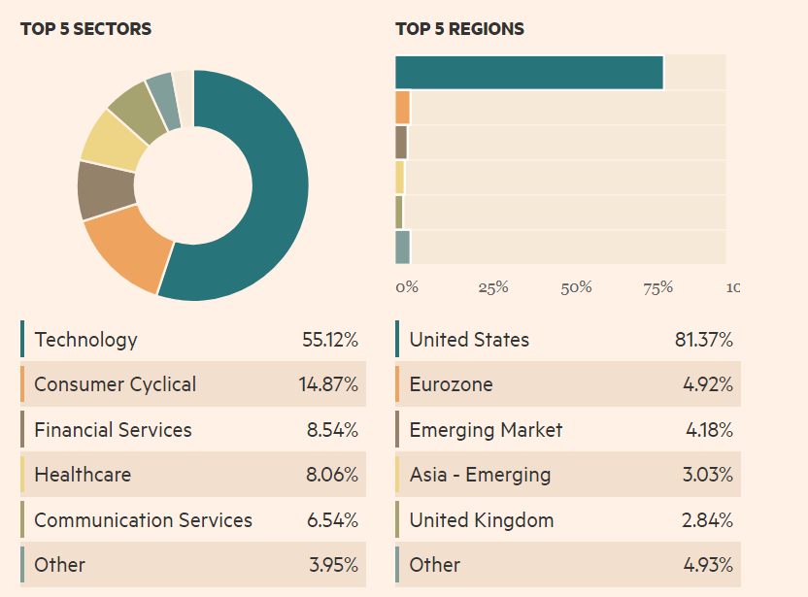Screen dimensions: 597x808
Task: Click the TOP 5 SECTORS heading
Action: click(85, 29)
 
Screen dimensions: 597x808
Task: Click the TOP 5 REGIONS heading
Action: click(459, 29)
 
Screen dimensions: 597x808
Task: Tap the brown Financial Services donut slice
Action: click(105, 188)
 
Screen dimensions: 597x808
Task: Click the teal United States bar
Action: click(529, 73)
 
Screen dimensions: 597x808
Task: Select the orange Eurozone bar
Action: click(403, 108)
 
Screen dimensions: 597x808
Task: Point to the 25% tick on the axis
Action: click(493, 287)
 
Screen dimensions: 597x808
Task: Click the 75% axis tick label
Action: click(658, 287)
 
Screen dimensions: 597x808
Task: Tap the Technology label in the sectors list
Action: click(85, 340)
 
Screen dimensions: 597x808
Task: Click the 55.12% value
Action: click(330, 340)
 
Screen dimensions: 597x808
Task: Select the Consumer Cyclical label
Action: click(115, 384)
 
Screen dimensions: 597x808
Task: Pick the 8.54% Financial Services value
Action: click(332, 430)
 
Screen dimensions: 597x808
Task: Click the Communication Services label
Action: click(143, 520)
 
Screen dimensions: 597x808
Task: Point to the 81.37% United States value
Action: click(703, 340)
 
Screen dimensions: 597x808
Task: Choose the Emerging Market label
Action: click(486, 430)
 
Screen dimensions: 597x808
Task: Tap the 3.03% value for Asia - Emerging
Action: click(707, 475)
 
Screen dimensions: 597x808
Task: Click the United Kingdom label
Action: click(481, 520)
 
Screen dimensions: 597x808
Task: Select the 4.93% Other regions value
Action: click(707, 565)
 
